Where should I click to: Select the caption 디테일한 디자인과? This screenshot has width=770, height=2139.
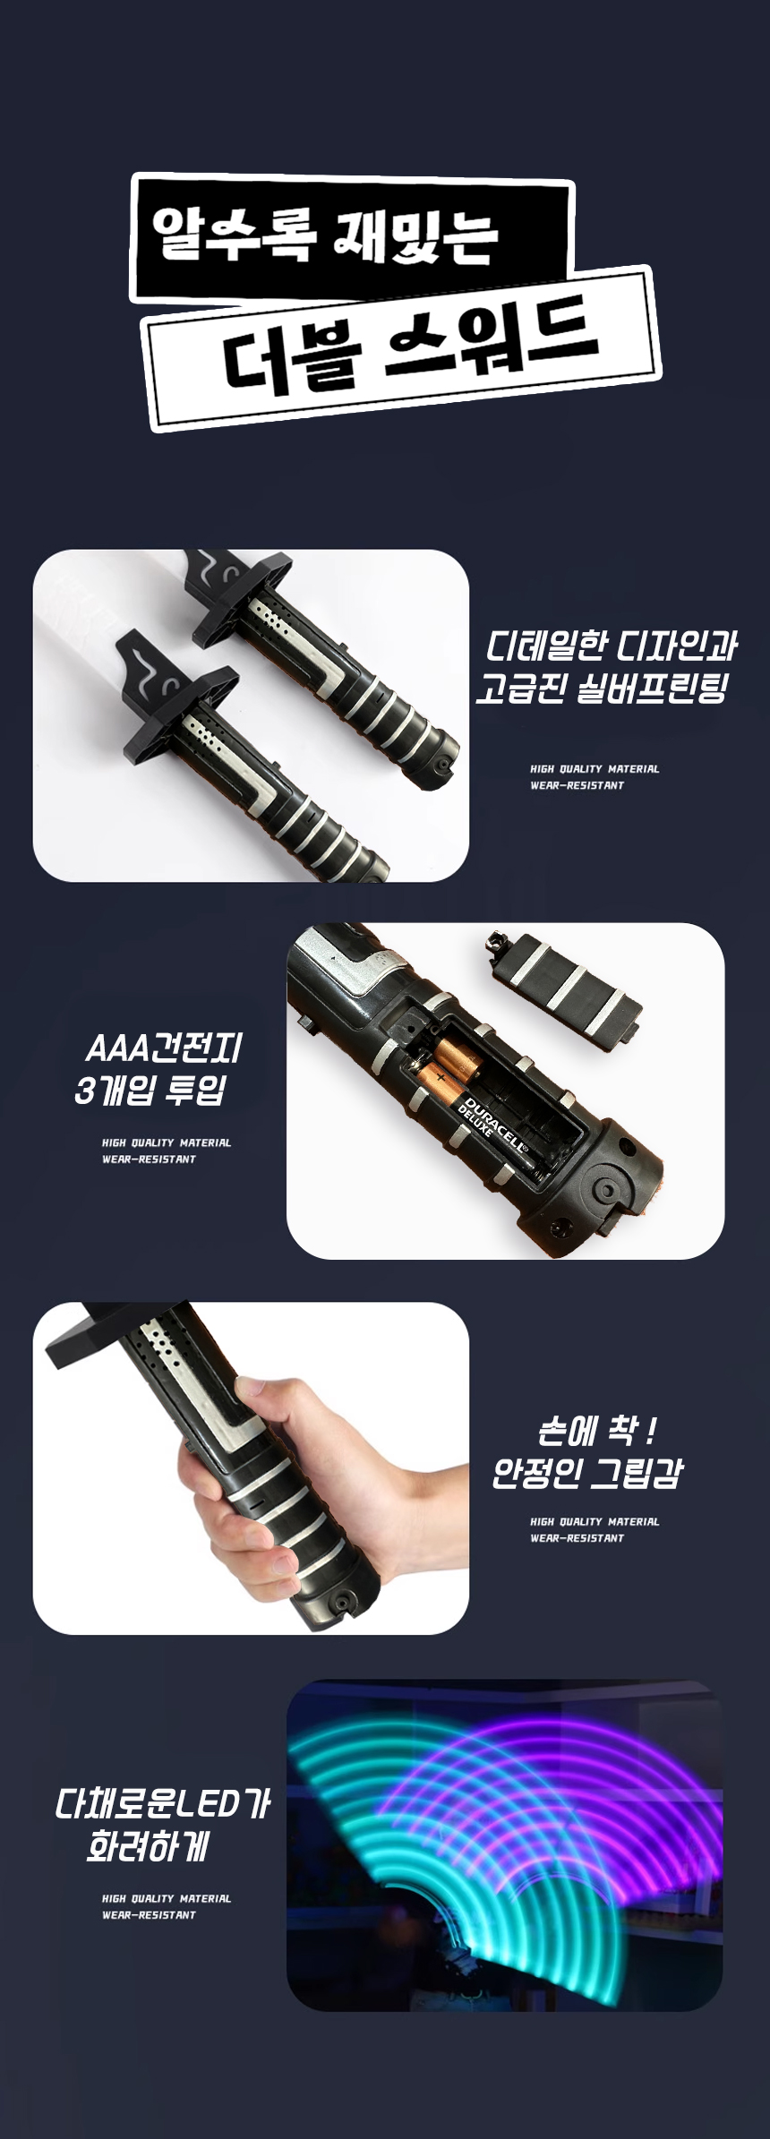612,646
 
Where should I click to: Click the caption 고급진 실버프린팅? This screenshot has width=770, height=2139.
601,689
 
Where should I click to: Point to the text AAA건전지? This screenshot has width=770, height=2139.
163,1047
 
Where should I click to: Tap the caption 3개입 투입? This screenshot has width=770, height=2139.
150,1090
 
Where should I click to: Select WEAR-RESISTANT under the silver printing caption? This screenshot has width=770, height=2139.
577,785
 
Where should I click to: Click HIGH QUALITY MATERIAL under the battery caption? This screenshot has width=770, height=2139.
167,1142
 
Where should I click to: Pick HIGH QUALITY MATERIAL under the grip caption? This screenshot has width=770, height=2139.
595,1521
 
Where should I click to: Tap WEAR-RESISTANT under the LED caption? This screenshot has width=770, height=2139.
149,1914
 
